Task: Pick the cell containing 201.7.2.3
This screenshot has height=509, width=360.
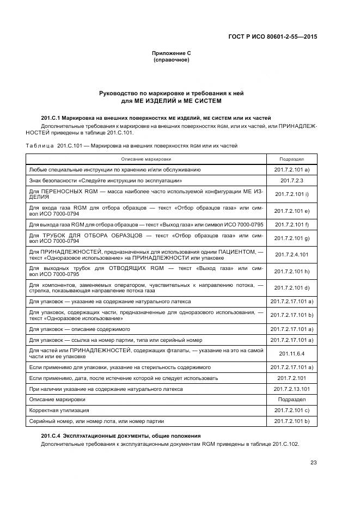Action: (291, 180)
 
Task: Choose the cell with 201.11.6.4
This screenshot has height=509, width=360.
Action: (291, 353)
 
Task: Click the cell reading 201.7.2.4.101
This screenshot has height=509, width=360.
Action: (291, 254)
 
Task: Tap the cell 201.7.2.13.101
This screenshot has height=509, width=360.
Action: (291, 389)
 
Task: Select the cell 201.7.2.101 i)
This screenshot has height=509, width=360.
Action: (291, 193)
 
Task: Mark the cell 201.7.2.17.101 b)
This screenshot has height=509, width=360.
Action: (291, 315)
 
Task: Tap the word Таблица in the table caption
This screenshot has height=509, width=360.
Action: (39, 146)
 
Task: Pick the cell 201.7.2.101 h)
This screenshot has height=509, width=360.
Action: (291, 271)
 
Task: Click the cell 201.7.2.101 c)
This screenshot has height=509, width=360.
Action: (291, 410)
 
